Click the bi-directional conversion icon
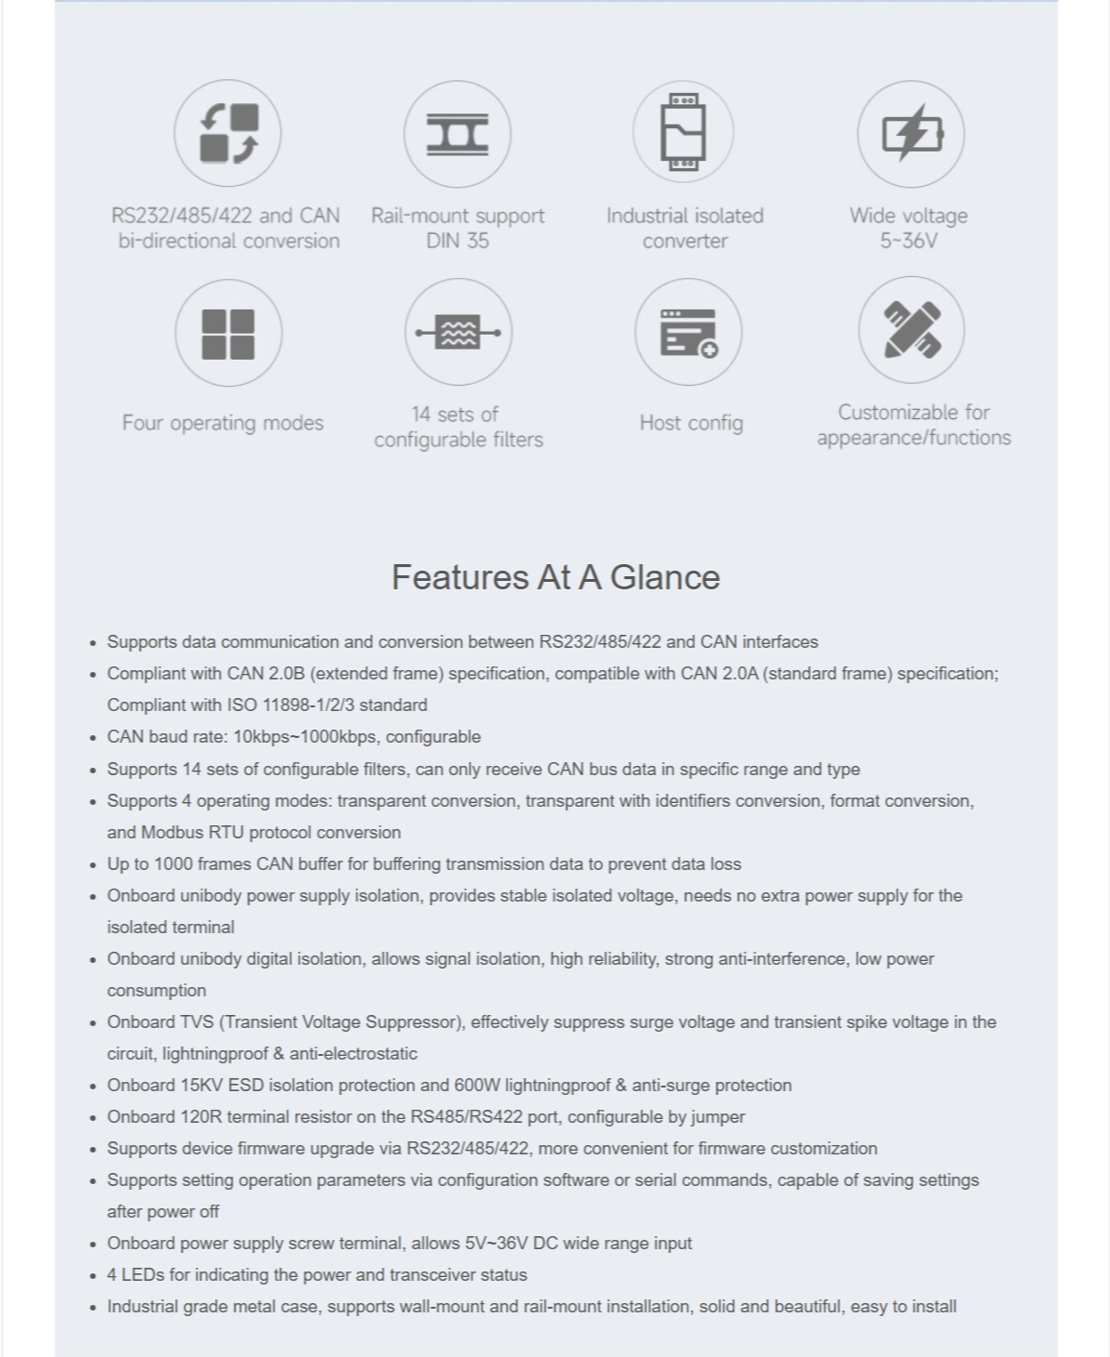[228, 133]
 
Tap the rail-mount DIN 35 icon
[457, 133]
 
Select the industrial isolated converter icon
[683, 133]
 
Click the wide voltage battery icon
[910, 134]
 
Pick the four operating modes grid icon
[228, 333]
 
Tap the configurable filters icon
[458, 332]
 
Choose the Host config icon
[687, 332]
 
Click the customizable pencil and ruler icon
[911, 330]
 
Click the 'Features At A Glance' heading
[555, 577]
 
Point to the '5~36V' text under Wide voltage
[908, 241]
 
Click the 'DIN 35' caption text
[457, 241]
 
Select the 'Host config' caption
[691, 423]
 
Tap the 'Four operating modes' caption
[223, 423]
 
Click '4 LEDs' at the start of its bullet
[136, 1274]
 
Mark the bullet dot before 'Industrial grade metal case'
[93, 1308]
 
